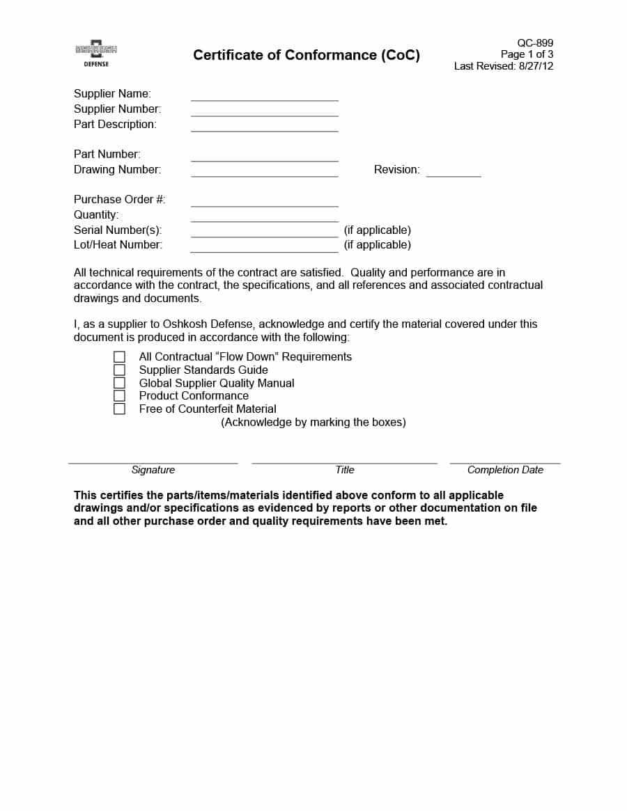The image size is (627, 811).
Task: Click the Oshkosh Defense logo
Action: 96,54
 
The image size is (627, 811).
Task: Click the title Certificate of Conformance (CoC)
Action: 307,55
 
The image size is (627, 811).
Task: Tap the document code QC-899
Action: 535,43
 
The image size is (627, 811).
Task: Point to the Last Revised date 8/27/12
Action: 536,66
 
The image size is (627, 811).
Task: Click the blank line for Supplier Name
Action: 264,97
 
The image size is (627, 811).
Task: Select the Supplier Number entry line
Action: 264,113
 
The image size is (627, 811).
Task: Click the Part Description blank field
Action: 264,128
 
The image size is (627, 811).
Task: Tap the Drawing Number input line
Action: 264,173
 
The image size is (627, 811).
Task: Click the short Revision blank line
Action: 454,173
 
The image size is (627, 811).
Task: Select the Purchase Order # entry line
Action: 264,203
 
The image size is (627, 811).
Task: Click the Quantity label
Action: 96,214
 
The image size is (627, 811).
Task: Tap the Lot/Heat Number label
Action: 118,244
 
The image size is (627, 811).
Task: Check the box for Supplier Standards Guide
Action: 120,370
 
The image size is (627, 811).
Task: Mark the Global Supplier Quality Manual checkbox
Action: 120,383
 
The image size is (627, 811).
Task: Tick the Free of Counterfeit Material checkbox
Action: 120,409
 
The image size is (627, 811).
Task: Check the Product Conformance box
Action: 120,395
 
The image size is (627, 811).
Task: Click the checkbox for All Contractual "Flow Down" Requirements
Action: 120,356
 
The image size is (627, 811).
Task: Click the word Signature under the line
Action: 153,470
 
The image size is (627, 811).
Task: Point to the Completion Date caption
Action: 505,470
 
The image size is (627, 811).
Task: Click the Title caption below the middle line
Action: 345,470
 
